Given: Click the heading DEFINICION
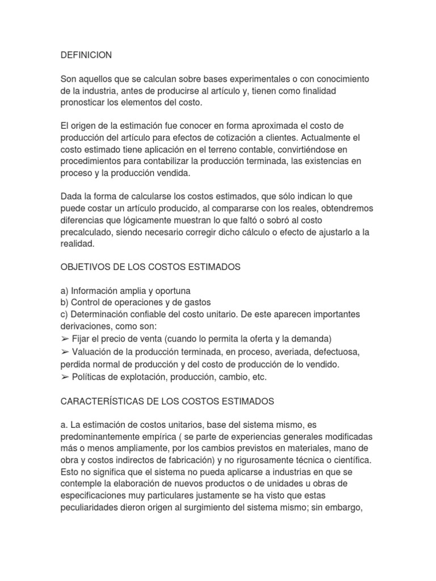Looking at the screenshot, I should point(86,56).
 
